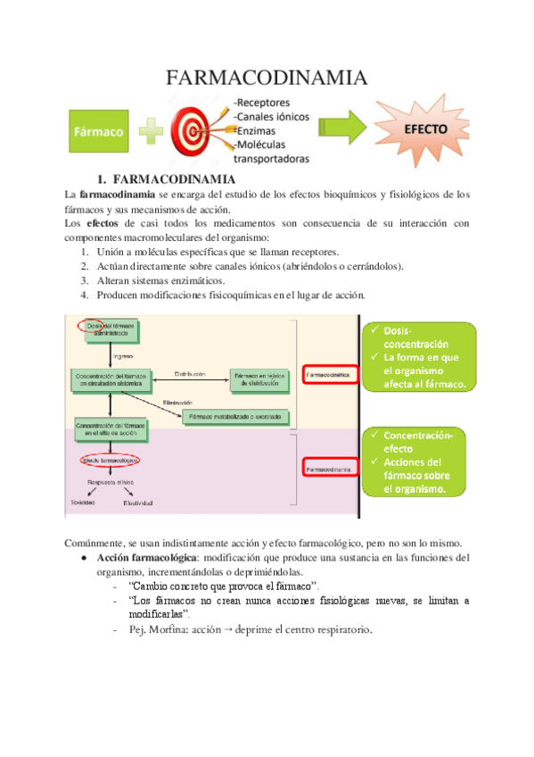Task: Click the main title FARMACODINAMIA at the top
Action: point(267,79)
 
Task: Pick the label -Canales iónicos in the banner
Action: point(271,116)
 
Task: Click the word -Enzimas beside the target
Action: point(257,130)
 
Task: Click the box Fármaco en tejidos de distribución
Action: point(259,380)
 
